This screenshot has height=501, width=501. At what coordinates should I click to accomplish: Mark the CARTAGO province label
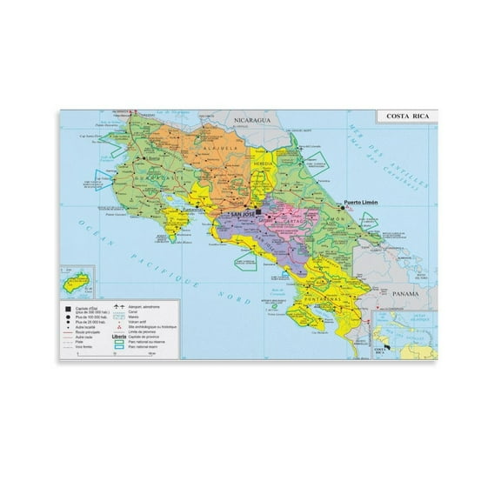click(300, 221)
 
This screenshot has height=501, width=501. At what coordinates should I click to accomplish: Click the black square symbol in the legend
click(67, 308)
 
